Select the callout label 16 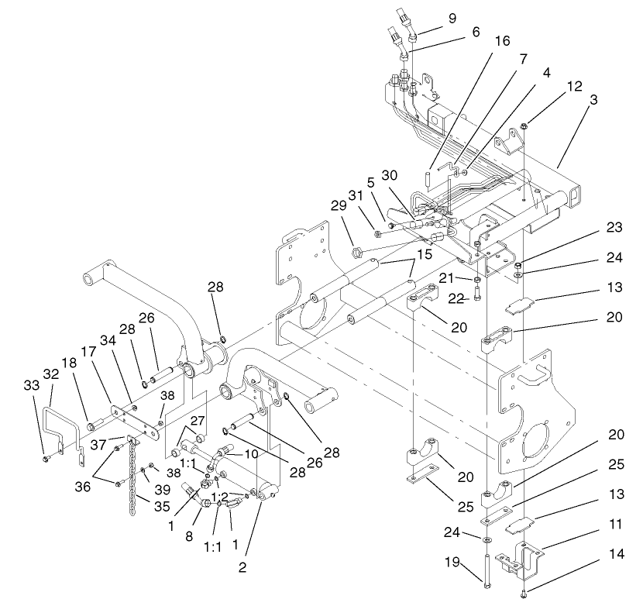[502, 40]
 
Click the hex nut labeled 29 [358, 250]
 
